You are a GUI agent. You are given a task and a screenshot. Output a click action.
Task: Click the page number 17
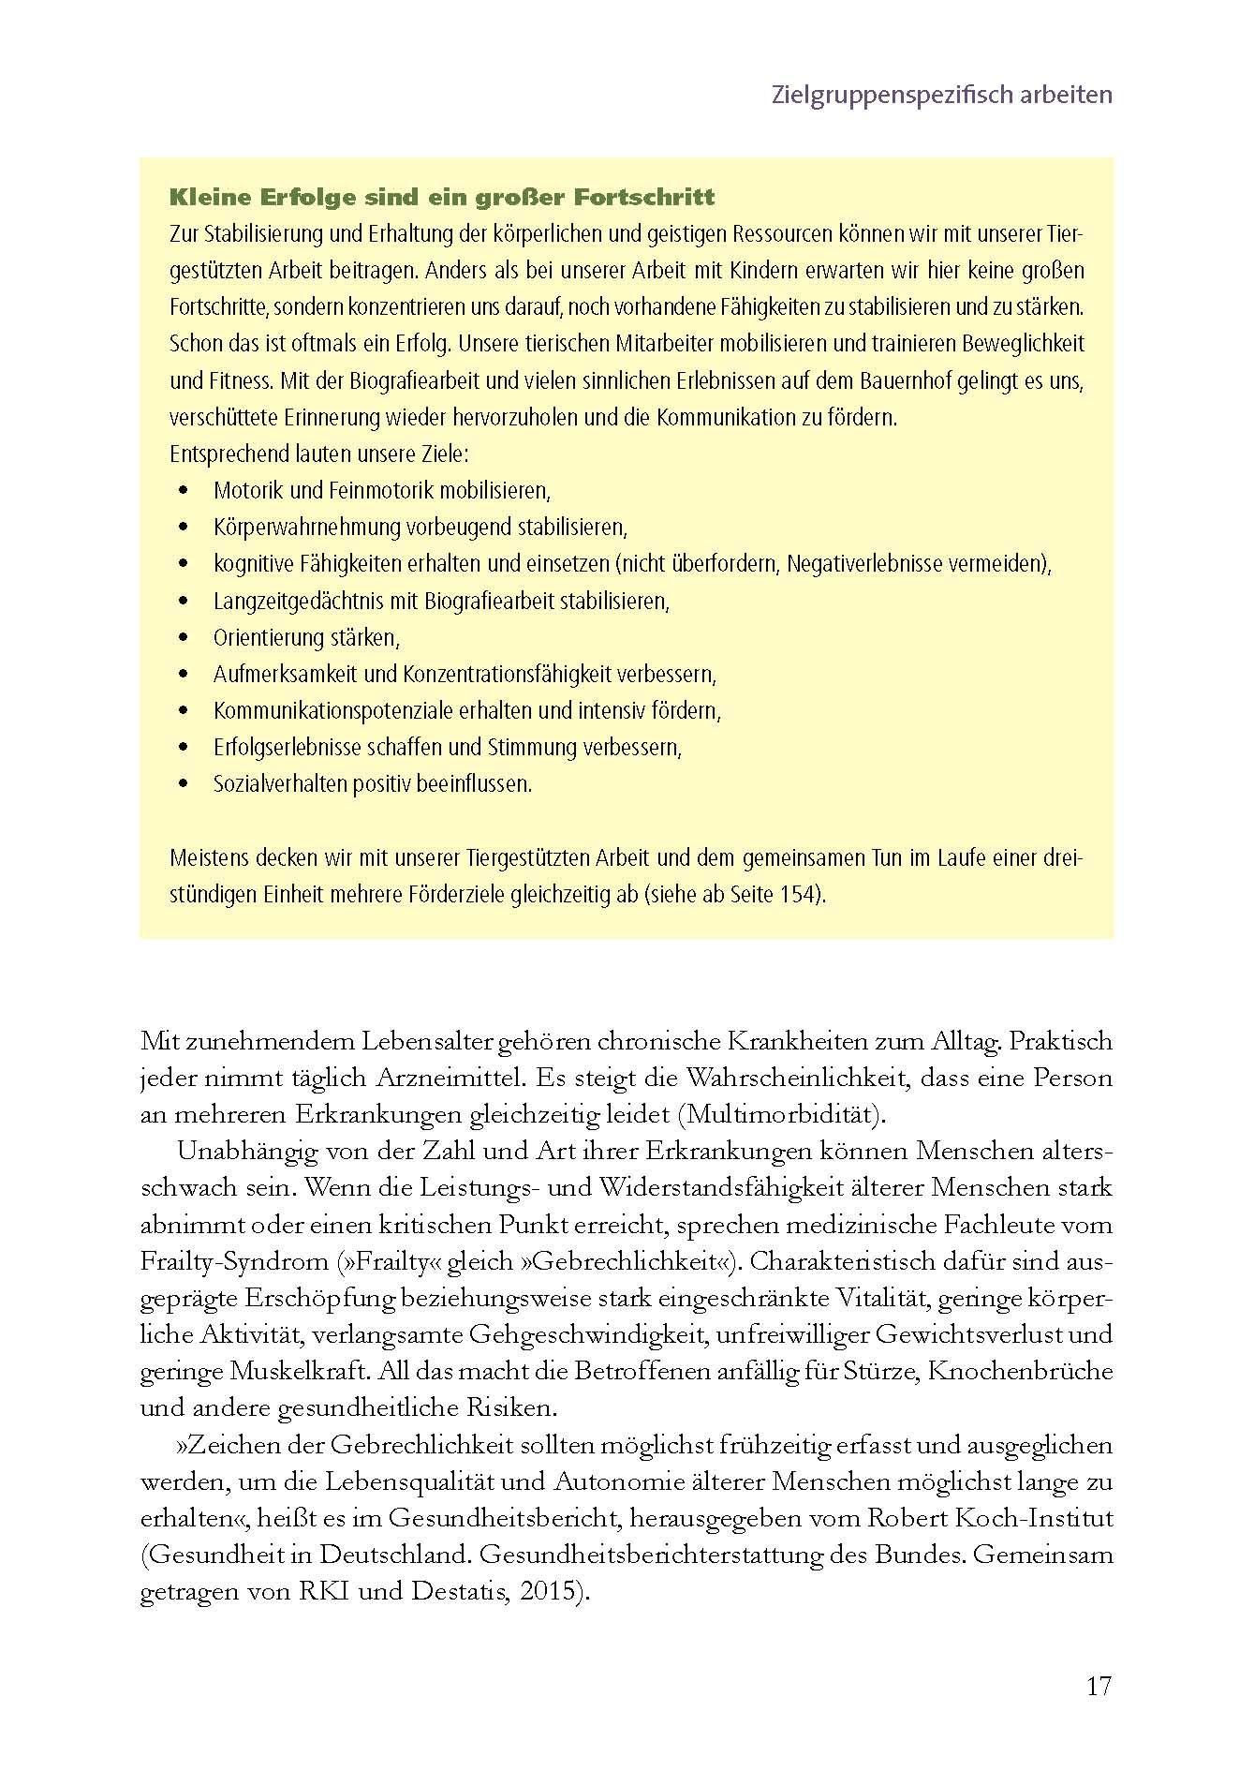pos(1099,1687)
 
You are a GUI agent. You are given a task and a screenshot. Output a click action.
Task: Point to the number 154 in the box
pos(800,894)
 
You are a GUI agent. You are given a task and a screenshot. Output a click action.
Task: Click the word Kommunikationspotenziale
pos(333,711)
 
